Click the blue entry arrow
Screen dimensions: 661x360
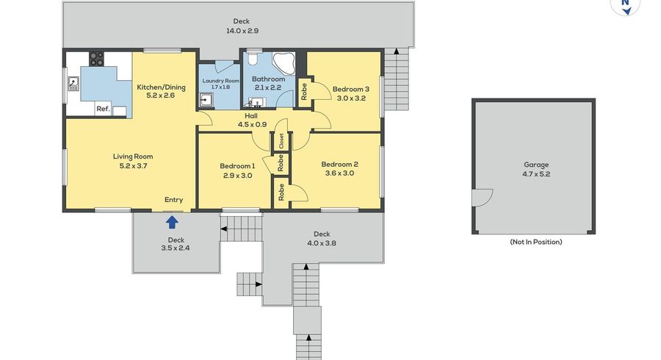[172, 222]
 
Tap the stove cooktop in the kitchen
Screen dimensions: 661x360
[96, 59]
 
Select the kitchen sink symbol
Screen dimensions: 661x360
[73, 84]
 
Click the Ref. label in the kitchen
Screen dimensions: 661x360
[103, 109]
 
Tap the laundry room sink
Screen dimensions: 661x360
[206, 100]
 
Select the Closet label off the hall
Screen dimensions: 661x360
[281, 141]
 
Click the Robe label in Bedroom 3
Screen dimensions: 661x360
[304, 91]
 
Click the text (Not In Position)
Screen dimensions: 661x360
[536, 242]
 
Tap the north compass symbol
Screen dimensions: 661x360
[626, 6]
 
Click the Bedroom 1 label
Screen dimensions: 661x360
[237, 166]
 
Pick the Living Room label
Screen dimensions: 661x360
[133, 156]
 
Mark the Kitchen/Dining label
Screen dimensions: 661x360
[161, 87]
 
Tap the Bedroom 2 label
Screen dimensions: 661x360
[339, 165]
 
